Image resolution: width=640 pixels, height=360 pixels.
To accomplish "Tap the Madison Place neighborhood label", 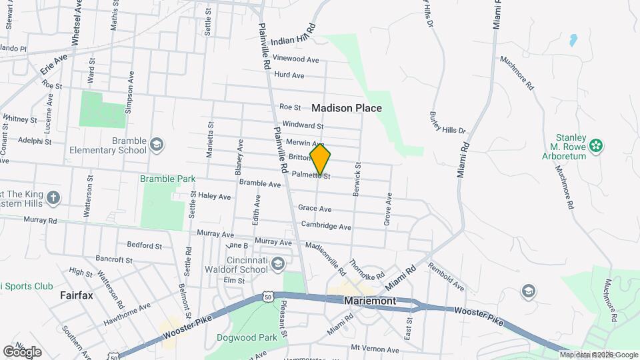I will (346, 108).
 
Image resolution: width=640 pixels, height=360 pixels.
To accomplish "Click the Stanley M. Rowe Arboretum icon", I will (597, 145).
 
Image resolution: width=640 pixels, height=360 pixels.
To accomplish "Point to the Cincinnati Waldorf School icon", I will (277, 265).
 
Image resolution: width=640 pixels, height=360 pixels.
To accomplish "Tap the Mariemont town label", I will (370, 301).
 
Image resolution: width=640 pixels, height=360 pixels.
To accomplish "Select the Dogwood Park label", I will (247, 337).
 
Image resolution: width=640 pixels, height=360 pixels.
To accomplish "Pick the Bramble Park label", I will (167, 179).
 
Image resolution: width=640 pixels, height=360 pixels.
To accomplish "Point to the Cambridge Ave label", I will (326, 226).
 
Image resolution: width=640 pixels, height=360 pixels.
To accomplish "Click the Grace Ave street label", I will (315, 209).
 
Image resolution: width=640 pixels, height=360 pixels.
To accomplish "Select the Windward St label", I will (303, 125).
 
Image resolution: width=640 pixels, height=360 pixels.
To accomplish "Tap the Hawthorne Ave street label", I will (127, 314).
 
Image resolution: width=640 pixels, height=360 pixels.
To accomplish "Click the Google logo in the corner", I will (22, 351).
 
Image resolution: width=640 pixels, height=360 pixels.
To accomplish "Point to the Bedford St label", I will (144, 245).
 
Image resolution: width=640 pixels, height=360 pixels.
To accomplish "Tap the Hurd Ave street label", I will (289, 75).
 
